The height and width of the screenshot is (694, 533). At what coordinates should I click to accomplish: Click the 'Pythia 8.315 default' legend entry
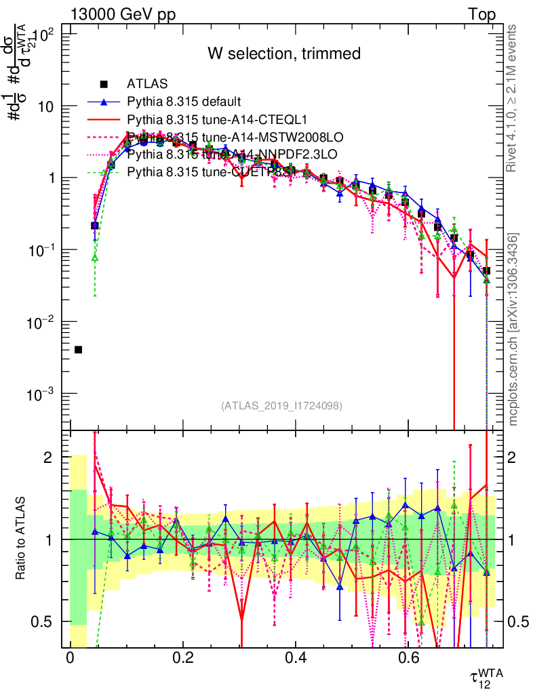(x=184, y=102)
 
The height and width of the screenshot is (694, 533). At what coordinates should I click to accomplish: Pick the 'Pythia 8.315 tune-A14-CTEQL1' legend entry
(x=204, y=119)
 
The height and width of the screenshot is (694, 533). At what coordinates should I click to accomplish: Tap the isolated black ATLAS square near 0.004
(x=78, y=350)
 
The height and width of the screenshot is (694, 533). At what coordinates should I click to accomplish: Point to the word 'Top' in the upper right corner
(x=481, y=15)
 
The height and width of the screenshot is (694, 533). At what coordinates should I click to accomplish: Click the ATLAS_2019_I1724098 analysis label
(x=281, y=405)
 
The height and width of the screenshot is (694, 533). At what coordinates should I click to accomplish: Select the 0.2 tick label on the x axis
(x=182, y=658)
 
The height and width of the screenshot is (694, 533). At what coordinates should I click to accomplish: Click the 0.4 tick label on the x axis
(x=295, y=658)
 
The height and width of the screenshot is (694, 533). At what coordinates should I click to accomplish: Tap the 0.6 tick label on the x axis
(x=408, y=658)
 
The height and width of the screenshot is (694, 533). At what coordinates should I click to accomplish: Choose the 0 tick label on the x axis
(x=70, y=658)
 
